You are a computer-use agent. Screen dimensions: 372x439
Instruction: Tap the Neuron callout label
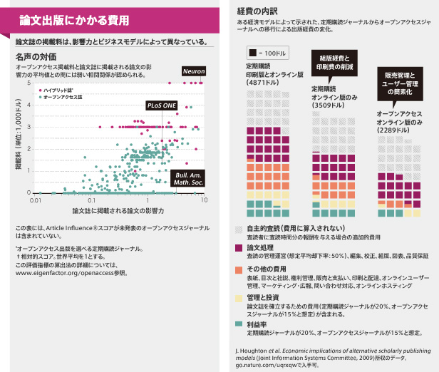193,72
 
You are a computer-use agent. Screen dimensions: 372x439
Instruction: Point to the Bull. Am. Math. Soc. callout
187,178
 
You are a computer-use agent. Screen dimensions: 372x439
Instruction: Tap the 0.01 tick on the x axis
34,201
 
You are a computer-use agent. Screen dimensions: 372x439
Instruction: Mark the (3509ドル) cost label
329,103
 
